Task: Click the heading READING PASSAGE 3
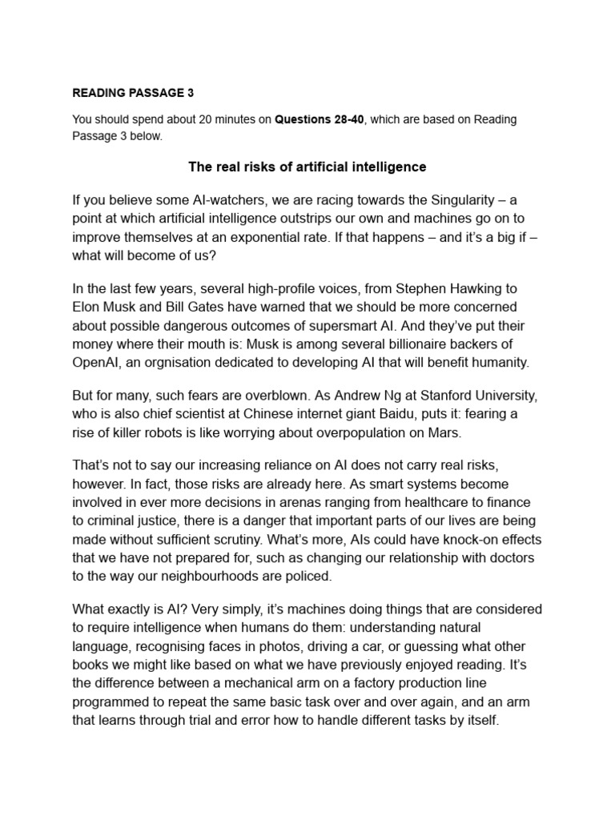tap(133, 93)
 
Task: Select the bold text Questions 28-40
tap(320, 119)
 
